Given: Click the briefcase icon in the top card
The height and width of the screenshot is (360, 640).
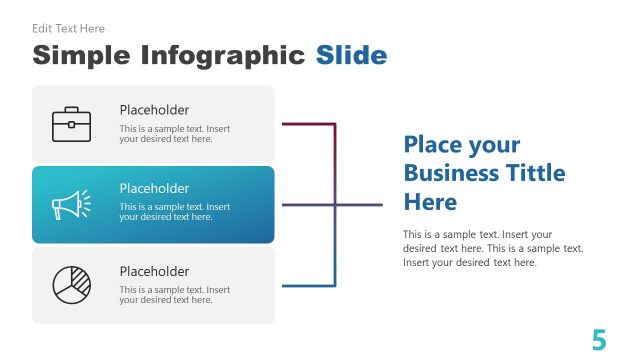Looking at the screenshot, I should pyautogui.click(x=71, y=124).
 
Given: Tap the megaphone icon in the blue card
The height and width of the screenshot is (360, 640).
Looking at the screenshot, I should pyautogui.click(x=71, y=205).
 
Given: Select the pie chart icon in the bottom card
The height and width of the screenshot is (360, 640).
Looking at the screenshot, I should pyautogui.click(x=71, y=285).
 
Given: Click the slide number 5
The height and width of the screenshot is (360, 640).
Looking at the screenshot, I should pyautogui.click(x=599, y=340).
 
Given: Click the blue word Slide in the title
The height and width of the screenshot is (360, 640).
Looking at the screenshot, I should pyautogui.click(x=351, y=54).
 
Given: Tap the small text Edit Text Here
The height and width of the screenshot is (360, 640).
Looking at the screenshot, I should pyautogui.click(x=68, y=29).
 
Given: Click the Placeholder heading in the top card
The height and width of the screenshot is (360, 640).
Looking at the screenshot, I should pyautogui.click(x=154, y=110).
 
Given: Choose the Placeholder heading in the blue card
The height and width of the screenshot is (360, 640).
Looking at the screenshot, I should pyautogui.click(x=154, y=188).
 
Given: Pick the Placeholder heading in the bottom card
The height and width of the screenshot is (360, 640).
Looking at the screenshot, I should pyautogui.click(x=154, y=271).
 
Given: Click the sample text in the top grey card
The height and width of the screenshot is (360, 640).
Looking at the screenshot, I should pyautogui.click(x=174, y=134).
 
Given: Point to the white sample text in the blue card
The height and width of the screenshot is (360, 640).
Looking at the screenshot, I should pyautogui.click(x=174, y=212).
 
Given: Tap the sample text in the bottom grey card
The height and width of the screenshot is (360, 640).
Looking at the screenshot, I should pyautogui.click(x=174, y=295).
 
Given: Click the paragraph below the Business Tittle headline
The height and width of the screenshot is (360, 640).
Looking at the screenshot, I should pyautogui.click(x=493, y=248).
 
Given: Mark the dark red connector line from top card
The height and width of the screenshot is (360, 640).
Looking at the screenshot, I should pyautogui.click(x=308, y=124).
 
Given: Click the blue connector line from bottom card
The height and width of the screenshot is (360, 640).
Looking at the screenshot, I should pyautogui.click(x=308, y=286).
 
